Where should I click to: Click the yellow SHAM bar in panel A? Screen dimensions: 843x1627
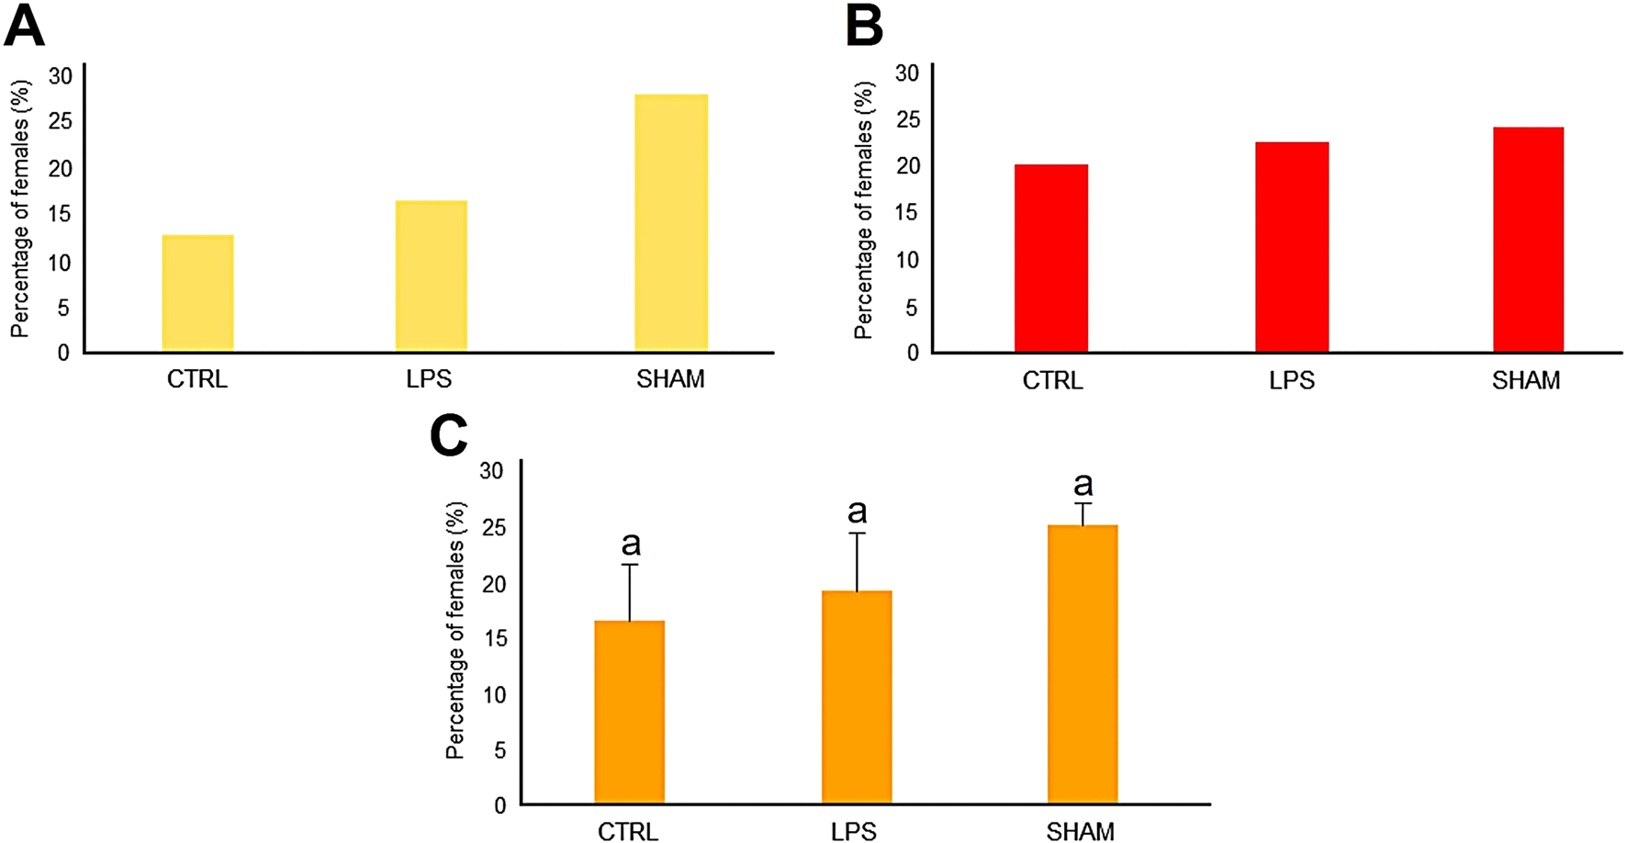tap(671, 223)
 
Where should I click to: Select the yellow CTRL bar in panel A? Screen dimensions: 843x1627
tap(197, 294)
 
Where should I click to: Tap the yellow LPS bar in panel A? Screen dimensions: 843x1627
tap(431, 276)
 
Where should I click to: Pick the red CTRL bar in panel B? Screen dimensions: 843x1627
tap(1050, 259)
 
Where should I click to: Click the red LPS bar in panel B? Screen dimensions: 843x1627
tap(1291, 247)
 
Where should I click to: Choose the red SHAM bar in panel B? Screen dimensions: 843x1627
tap(1528, 240)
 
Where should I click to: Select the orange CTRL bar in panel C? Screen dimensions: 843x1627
tap(629, 713)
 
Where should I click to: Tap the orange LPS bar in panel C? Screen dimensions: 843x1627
tap(856, 698)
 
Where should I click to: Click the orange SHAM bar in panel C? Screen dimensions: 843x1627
tap(1082, 665)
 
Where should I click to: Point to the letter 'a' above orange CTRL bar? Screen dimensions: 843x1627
tap(631, 545)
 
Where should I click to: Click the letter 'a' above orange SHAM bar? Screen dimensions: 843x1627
tap(1083, 484)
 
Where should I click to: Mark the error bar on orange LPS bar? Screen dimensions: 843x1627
tap(857, 561)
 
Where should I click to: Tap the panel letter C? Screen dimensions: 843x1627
tap(448, 435)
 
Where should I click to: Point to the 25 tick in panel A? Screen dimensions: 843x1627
tap(61, 122)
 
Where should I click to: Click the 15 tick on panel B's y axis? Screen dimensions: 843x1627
tap(907, 213)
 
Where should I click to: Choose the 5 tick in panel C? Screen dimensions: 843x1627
tap(499, 750)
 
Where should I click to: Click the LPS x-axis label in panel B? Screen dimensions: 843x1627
tap(1291, 380)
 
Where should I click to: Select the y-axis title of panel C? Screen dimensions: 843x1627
tap(455, 630)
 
